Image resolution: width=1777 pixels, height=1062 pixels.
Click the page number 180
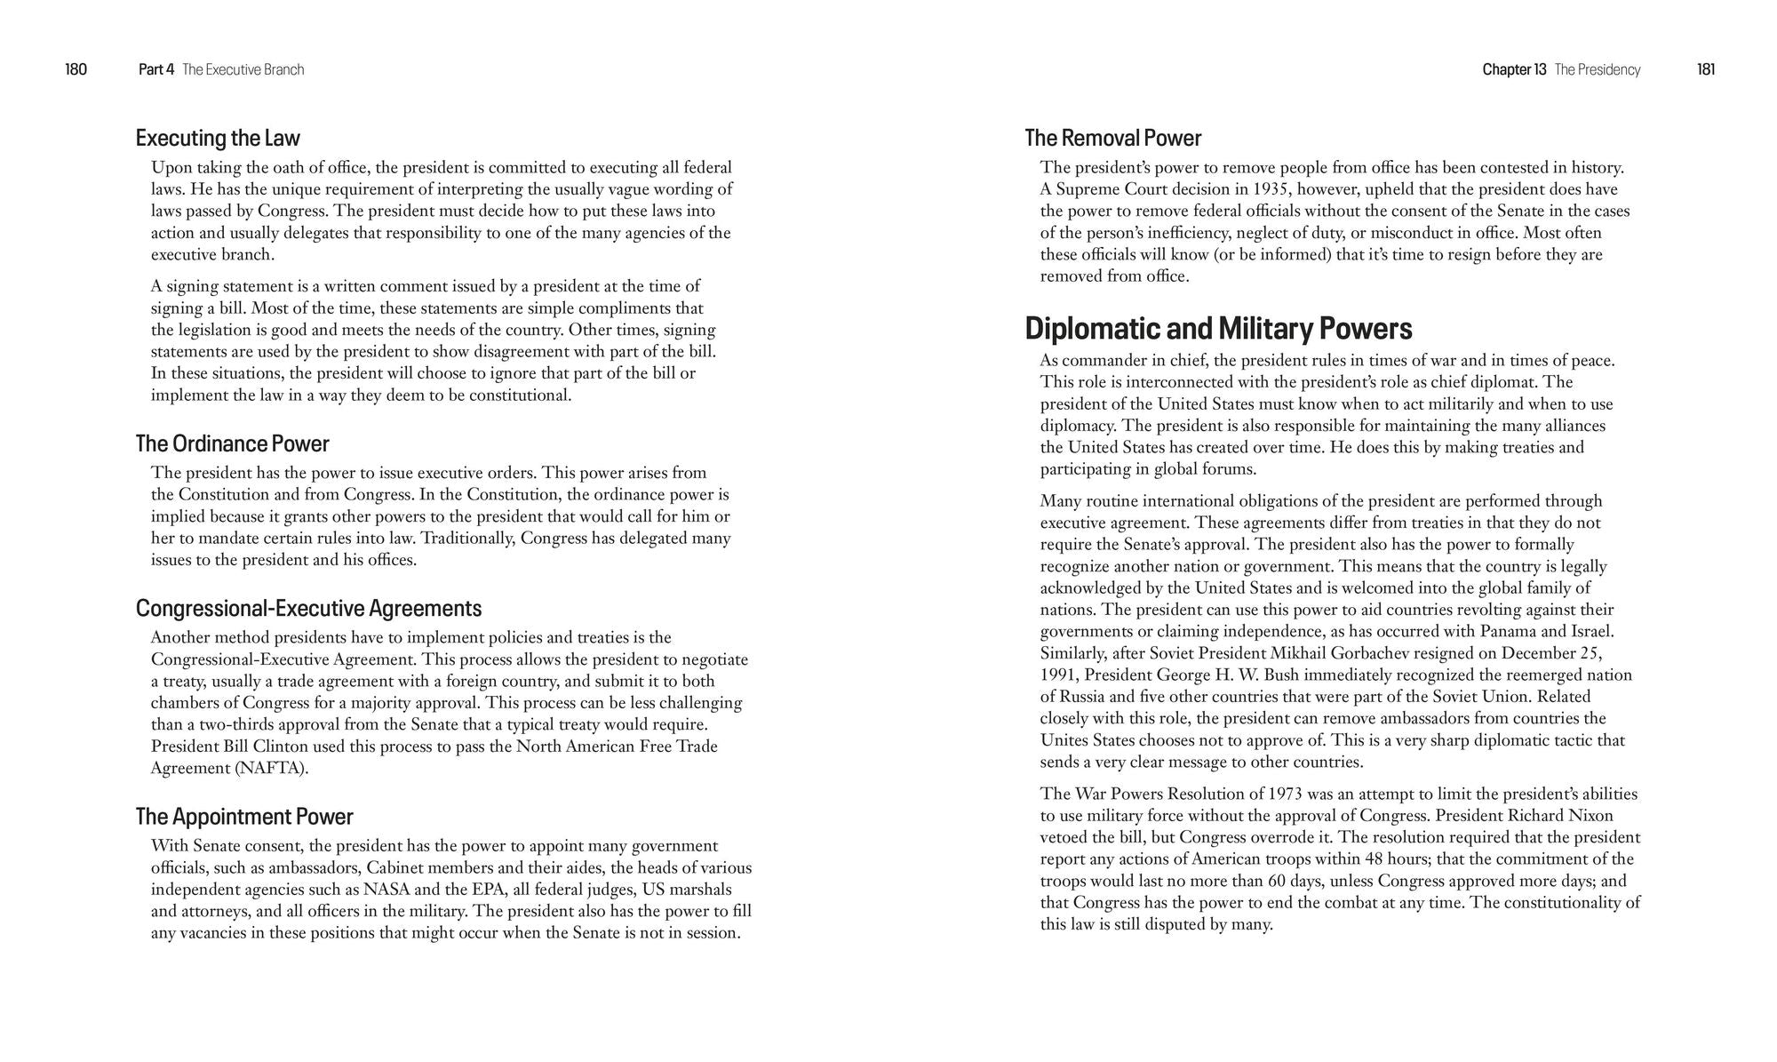tap(76, 69)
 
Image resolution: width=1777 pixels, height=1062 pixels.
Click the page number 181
tap(1705, 69)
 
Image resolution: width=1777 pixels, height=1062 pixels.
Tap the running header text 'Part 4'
tap(156, 69)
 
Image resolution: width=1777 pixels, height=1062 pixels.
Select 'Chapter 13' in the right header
tap(1514, 69)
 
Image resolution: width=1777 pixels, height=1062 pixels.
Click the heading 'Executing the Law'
tap(218, 138)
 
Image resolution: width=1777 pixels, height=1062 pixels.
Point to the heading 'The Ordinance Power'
tap(232, 443)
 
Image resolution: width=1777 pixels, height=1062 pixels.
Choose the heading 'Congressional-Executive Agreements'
tap(308, 608)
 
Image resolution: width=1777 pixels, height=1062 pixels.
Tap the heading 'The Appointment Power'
tap(244, 816)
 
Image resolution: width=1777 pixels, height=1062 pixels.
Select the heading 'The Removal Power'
tap(1112, 138)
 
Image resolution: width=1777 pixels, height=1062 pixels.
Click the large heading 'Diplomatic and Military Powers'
tap(1218, 329)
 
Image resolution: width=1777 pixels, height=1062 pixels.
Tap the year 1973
tap(1288, 794)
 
